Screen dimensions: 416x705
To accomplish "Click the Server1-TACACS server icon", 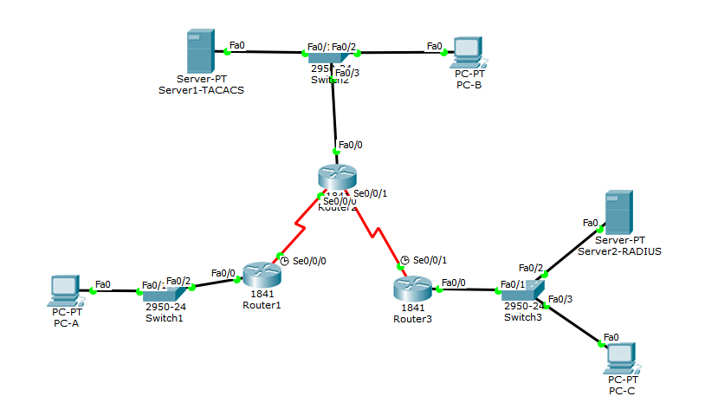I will [200, 52].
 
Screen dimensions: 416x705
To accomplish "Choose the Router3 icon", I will [411, 286].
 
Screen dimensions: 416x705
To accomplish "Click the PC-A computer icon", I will [66, 290].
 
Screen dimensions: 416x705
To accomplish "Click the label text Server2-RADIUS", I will [619, 251].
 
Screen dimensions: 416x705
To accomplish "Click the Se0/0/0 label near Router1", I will [310, 260].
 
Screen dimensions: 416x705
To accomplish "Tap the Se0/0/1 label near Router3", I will [431, 260].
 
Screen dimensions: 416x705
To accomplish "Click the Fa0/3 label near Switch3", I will [560, 299].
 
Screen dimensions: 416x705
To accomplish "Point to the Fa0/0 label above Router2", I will [351, 145].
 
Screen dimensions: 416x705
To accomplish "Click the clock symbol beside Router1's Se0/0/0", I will [283, 259].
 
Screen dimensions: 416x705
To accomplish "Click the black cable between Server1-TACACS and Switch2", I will [268, 52].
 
